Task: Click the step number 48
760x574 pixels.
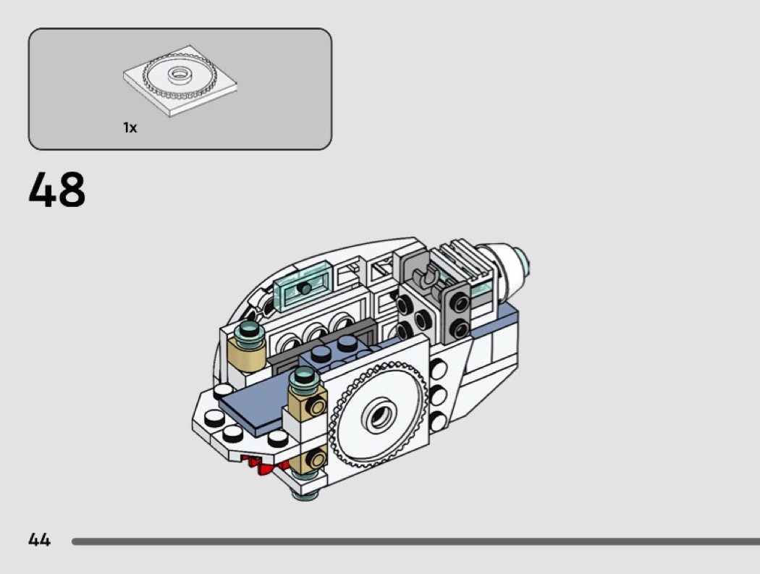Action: (56, 190)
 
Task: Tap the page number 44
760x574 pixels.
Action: (39, 539)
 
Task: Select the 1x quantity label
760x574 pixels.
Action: (130, 127)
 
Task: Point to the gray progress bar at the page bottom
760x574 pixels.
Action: (416, 541)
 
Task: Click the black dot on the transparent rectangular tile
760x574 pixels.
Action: (304, 289)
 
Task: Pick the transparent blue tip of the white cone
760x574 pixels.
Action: (523, 261)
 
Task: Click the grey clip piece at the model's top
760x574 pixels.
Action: (425, 278)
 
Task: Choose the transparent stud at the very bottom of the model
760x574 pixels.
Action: (305, 494)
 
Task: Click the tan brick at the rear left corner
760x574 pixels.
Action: (247, 355)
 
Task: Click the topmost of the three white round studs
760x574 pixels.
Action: (438, 370)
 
